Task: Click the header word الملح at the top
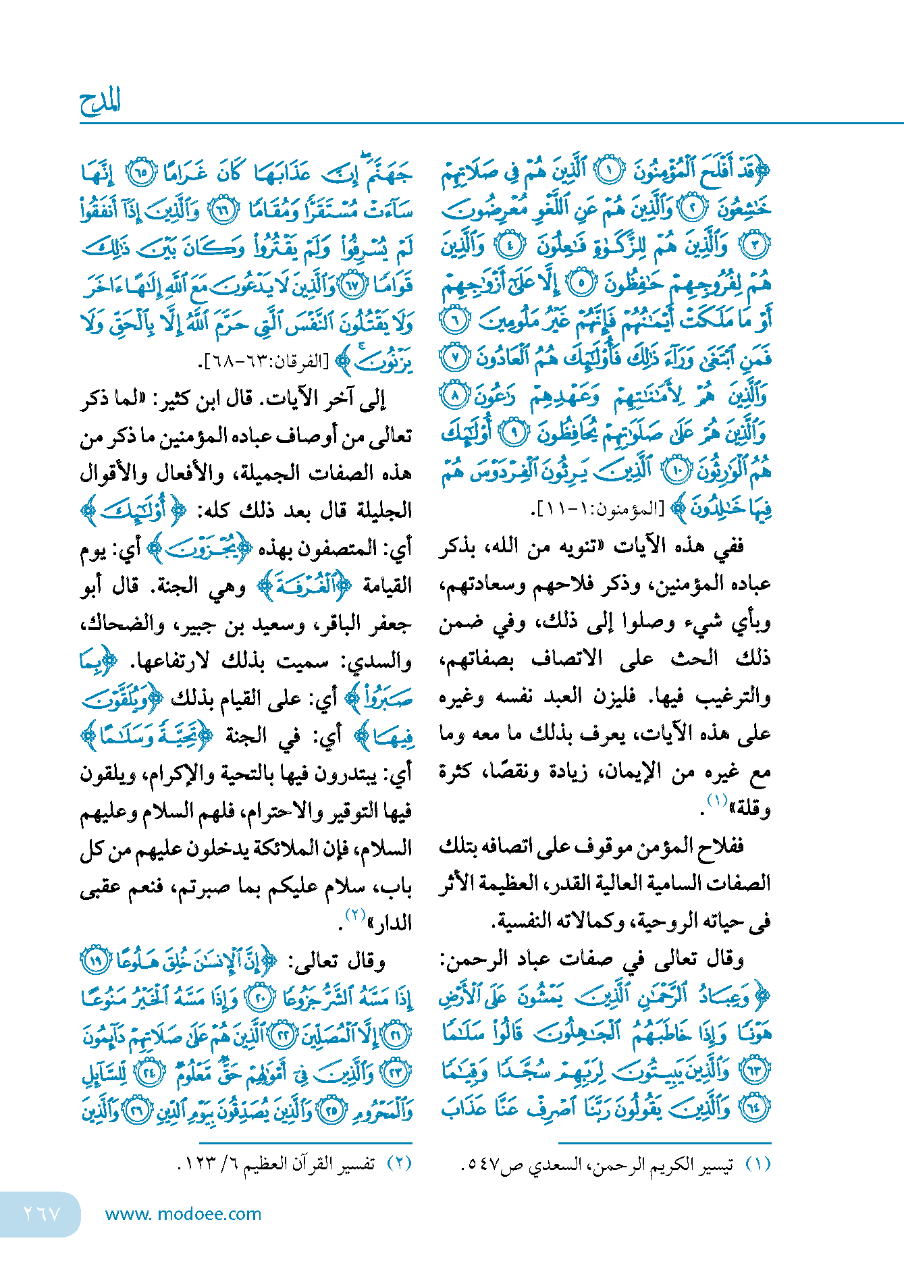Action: [x=100, y=102]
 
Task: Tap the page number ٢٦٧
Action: [x=42, y=1213]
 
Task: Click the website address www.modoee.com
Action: [x=183, y=1214]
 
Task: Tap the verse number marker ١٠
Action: [x=674, y=471]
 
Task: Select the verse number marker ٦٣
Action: [x=754, y=1070]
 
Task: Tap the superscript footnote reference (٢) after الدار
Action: [x=356, y=915]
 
